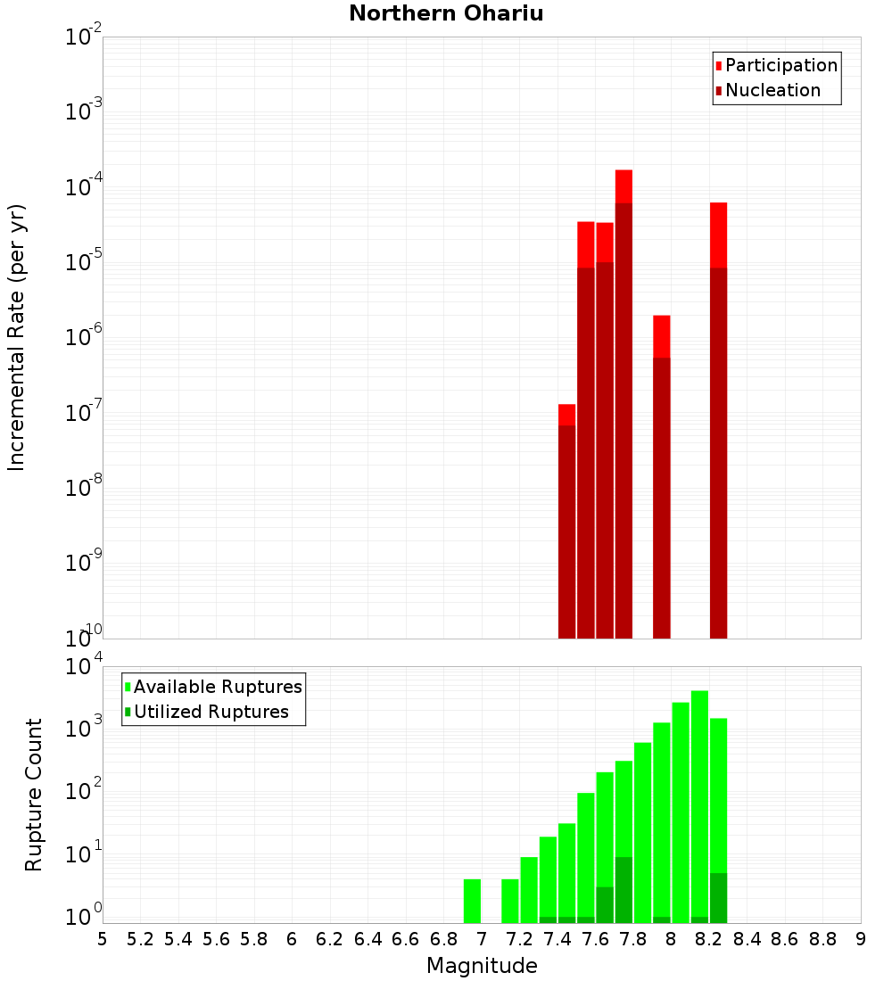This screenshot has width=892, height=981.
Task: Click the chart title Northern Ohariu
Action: (x=446, y=13)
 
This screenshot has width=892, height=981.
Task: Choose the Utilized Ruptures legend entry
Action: (x=211, y=712)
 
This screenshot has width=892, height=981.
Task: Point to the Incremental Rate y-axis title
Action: (x=17, y=337)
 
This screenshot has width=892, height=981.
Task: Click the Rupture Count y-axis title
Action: (x=34, y=794)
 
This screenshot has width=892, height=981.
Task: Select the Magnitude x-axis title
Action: (x=482, y=966)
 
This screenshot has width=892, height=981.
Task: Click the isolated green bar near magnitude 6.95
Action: (x=472, y=901)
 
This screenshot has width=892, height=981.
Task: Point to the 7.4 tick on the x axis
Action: (x=557, y=939)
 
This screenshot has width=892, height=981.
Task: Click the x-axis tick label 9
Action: (x=860, y=939)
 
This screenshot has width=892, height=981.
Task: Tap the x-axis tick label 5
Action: (x=103, y=939)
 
